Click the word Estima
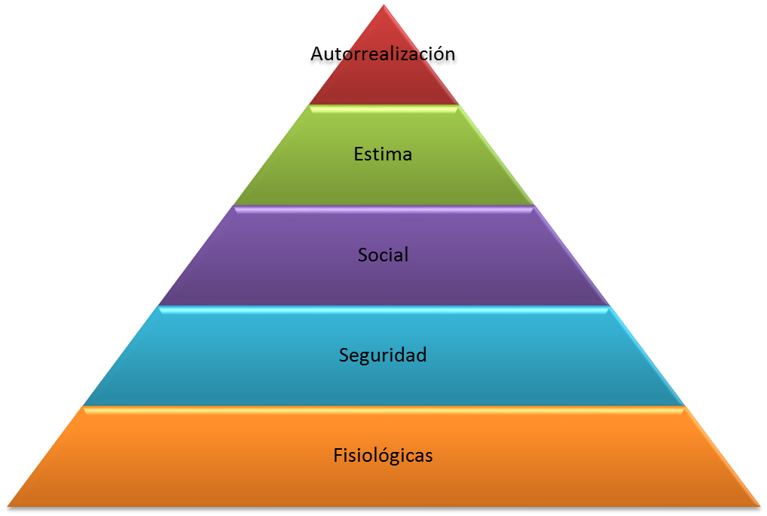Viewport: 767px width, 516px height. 383,154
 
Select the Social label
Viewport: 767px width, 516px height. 383,255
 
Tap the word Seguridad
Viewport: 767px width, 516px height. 383,355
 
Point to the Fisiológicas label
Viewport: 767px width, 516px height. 383,456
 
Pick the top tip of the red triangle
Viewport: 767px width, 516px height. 383,5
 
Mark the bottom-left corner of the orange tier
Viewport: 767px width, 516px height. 9,505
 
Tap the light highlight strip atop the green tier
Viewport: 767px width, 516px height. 383,108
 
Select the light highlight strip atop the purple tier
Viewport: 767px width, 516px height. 383,209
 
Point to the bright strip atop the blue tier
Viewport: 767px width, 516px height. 383,309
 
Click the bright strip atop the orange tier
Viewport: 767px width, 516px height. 383,410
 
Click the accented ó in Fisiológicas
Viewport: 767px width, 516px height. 377,456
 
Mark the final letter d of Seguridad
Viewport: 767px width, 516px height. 422,354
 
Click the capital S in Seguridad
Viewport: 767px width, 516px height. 344,355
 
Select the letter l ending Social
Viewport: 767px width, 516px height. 406,254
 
